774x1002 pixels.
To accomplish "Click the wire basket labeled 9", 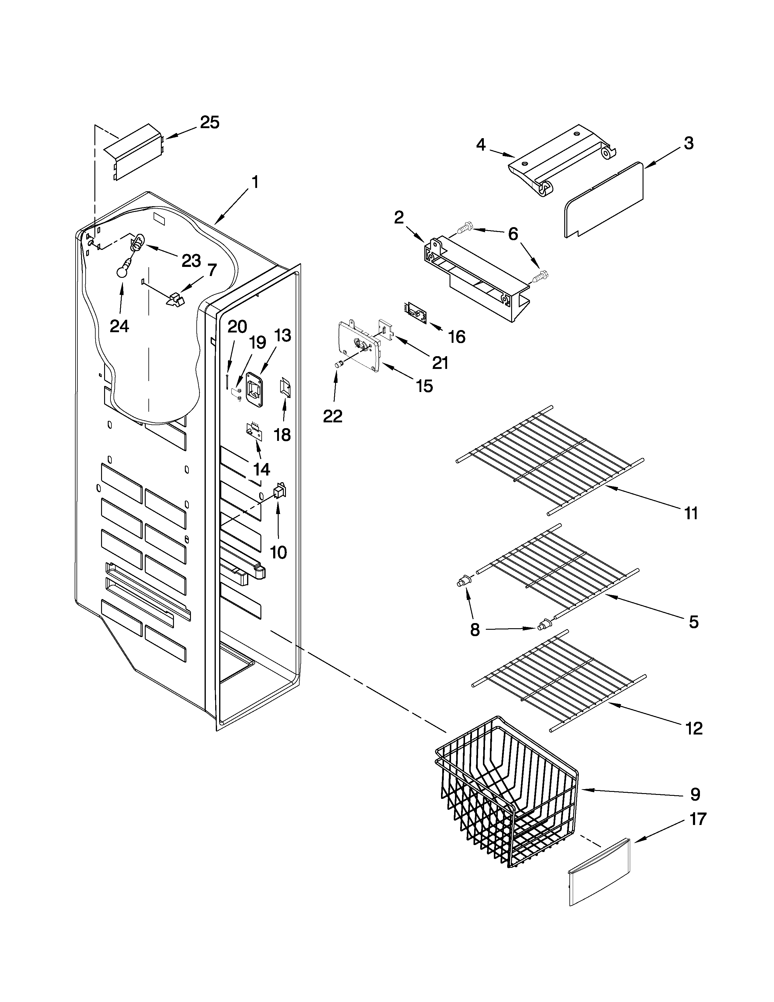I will [x=504, y=803].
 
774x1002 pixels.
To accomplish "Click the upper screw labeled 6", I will [x=464, y=226].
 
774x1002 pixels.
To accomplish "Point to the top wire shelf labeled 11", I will [x=550, y=454].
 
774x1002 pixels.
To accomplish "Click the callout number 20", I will [x=238, y=327].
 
